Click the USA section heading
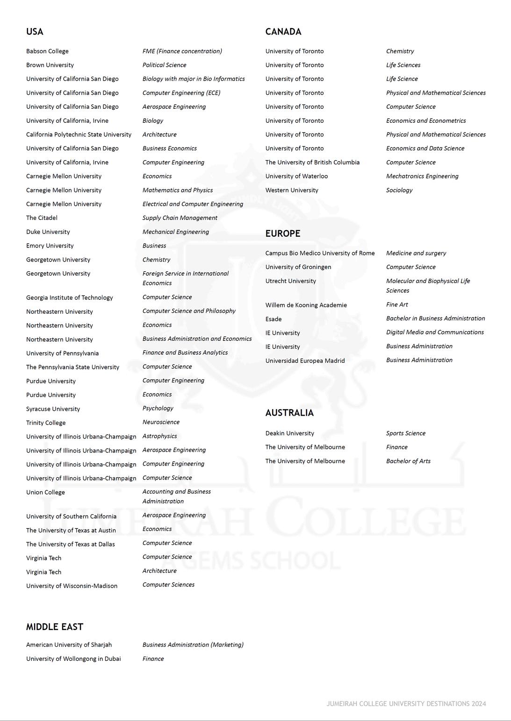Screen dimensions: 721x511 [35, 32]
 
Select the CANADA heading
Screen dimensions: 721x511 [283, 32]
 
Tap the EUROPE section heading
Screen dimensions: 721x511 [283, 233]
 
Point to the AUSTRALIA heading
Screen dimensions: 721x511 [289, 413]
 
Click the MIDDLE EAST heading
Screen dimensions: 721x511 [55, 627]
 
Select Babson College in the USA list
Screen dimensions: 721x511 [47, 51]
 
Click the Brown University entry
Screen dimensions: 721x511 [50, 65]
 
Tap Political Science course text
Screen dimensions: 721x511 [164, 65]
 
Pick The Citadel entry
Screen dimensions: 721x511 [42, 218]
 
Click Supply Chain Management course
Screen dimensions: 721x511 [180, 218]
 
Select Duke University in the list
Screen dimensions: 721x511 [48, 232]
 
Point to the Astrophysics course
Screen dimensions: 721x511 [159, 436]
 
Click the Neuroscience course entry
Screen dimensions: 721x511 [161, 422]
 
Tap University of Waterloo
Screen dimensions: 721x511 [296, 177]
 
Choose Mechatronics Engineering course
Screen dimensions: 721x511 [422, 177]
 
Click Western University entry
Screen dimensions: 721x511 [292, 191]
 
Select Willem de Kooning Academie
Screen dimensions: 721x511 [306, 305]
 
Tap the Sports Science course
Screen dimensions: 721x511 [406, 433]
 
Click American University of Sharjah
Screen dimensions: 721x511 [69, 645]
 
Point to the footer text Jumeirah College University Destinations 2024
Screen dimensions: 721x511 [406, 704]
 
